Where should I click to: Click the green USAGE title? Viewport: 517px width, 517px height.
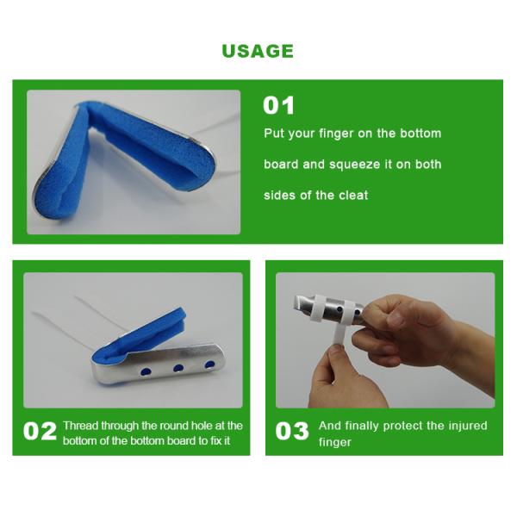tap(258, 51)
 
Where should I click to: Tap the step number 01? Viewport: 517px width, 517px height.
tap(278, 106)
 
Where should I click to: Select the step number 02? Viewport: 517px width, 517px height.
tap(40, 432)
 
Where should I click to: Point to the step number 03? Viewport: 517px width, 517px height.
tap(292, 432)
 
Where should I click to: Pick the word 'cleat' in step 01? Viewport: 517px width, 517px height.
tap(352, 196)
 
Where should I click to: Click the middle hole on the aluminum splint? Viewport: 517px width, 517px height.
tap(178, 368)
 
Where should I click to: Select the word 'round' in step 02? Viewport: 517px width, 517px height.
tap(186, 426)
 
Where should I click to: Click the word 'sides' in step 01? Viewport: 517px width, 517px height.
tap(279, 196)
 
